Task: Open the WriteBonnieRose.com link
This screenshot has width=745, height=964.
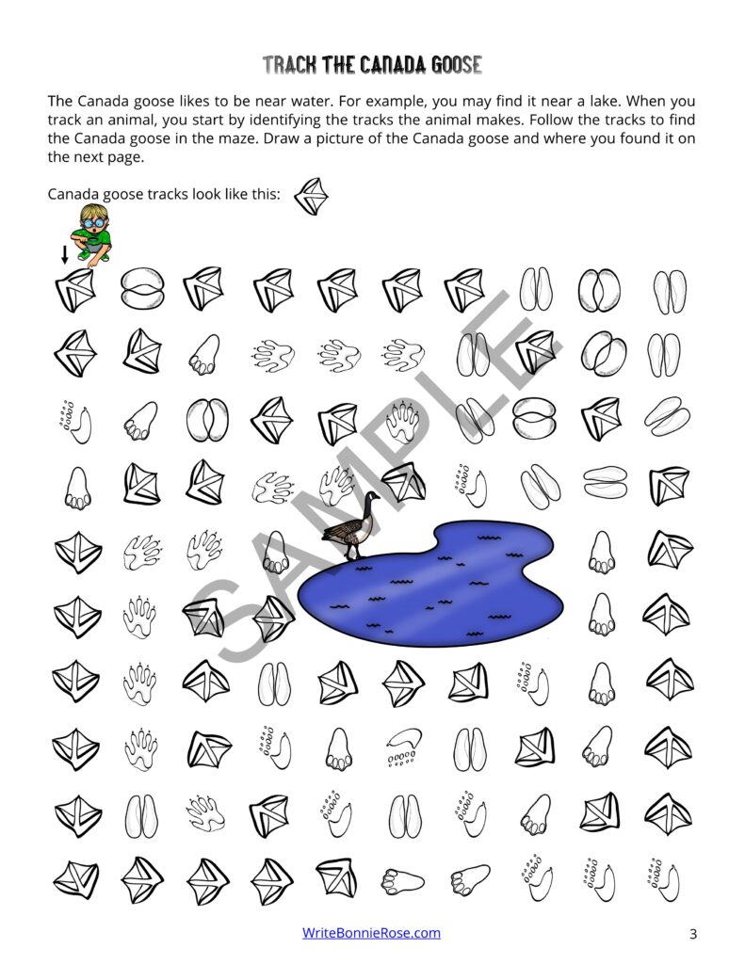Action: (x=371, y=933)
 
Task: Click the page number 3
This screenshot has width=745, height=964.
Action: (x=692, y=934)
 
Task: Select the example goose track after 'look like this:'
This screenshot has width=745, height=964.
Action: (x=310, y=197)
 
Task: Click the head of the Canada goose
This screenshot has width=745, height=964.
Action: (x=374, y=497)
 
